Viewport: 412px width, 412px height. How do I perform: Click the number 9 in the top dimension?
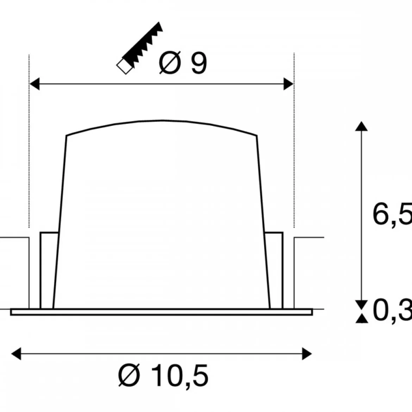coord(199,63)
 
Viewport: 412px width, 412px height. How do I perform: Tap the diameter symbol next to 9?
coord(170,63)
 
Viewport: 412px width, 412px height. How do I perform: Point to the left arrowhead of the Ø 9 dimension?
coord(35,84)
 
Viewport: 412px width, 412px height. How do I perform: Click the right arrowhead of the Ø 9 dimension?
coord(288,84)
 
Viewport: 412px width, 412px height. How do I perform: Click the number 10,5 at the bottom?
coord(180,375)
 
